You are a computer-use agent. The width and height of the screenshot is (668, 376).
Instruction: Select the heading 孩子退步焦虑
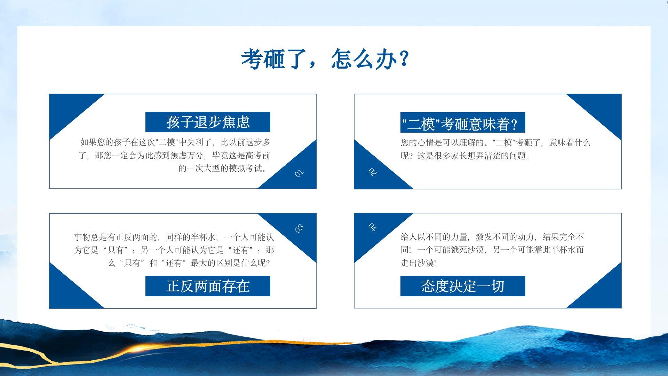208,122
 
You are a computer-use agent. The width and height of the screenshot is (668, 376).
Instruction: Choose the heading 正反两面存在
208,286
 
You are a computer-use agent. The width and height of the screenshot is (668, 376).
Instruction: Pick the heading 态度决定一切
463,286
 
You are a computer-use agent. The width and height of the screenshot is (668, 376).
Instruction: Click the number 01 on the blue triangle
299,173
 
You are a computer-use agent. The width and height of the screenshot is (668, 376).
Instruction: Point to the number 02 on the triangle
372,172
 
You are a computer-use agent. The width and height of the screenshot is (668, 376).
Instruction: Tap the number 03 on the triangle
299,228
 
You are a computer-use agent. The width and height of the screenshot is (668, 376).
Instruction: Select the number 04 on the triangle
372,227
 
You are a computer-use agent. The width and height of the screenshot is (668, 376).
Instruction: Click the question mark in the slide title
404,59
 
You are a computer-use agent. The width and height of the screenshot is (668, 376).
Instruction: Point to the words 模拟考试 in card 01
246,169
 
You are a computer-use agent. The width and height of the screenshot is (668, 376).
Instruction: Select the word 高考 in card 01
254,155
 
